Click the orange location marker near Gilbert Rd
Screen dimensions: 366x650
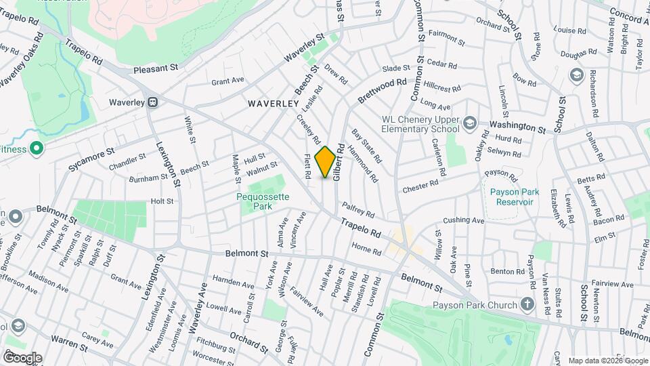pos(326,162)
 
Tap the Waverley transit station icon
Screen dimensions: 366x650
pos(154,103)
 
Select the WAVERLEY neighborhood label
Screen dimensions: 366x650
pos(273,104)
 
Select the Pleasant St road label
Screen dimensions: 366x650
pos(155,68)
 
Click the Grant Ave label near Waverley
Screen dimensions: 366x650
pos(227,81)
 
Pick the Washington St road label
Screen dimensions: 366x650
pos(517,126)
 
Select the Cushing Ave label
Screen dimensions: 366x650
pos(464,220)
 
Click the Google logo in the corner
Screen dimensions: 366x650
pos(22,358)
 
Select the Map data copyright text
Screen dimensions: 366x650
pos(607,360)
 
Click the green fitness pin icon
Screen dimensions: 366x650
pos(36,148)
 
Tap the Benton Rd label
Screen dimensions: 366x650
pos(508,271)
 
